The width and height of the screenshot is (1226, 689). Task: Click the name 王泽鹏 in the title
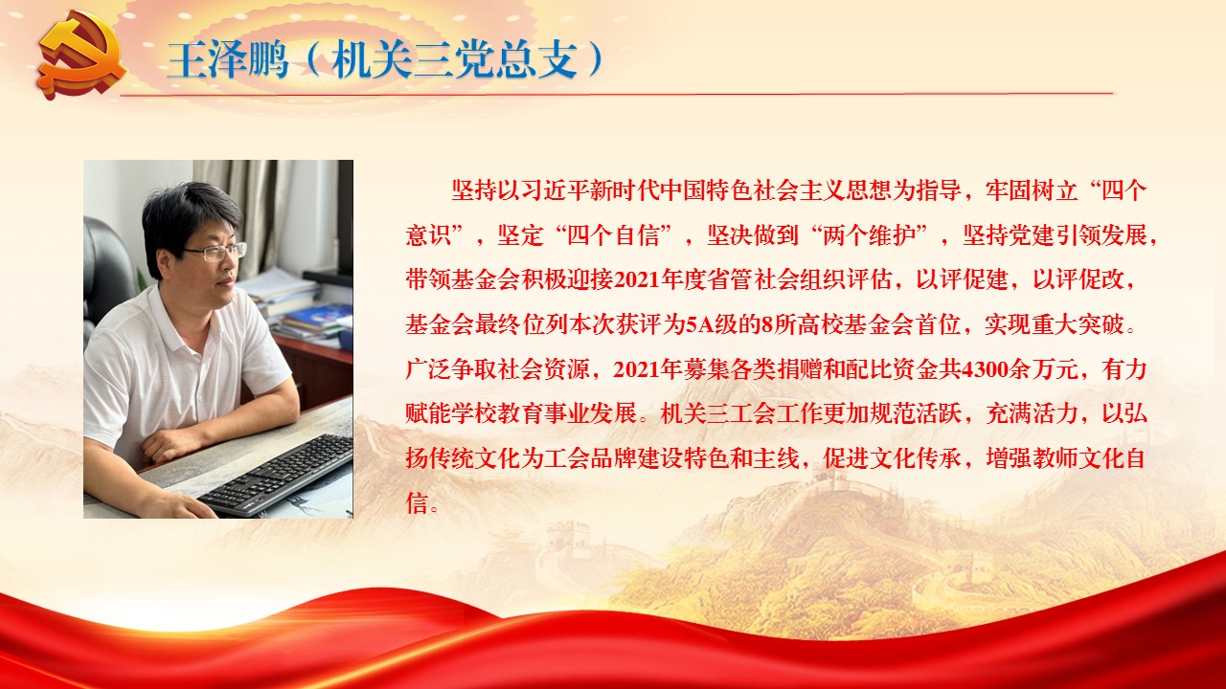(228, 59)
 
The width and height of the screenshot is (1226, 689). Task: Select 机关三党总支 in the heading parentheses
(454, 59)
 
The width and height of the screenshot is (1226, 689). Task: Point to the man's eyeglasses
(216, 252)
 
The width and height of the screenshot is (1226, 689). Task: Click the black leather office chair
(105, 274)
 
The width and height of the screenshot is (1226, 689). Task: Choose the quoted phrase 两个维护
(869, 235)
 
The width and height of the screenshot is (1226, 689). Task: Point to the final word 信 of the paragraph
(417, 503)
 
